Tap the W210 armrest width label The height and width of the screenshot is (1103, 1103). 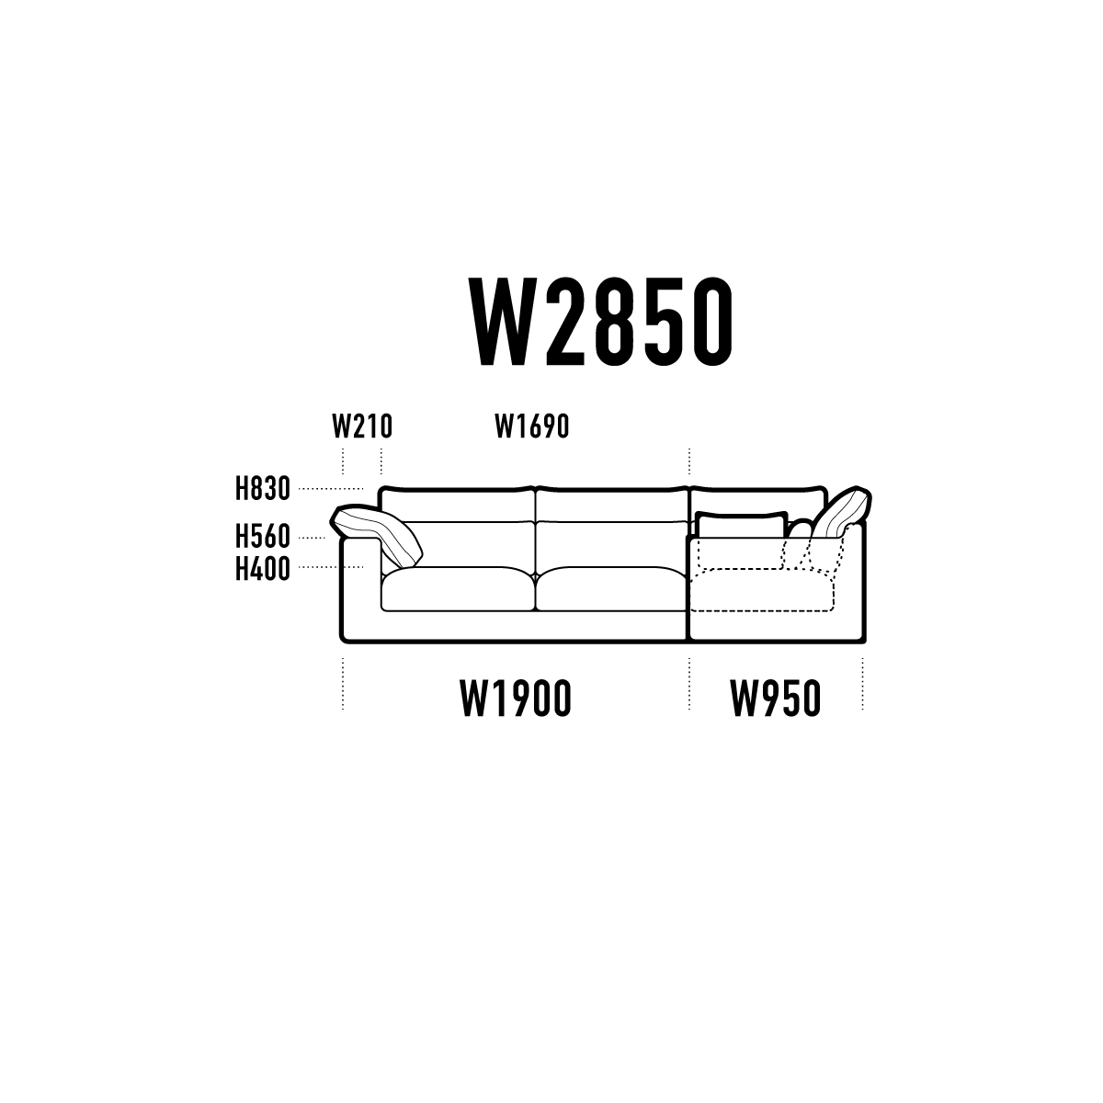tap(362, 426)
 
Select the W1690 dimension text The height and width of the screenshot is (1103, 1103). tap(532, 426)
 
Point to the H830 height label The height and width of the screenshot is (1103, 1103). tap(263, 489)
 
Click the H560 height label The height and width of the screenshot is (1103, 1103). tap(263, 537)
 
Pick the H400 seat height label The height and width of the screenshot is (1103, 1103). tap(263, 569)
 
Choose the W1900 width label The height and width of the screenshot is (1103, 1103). tap(516, 698)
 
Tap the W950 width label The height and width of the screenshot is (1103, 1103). tap(776, 698)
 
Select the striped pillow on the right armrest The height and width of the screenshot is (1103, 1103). tap(841, 513)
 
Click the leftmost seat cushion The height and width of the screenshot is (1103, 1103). tap(458, 588)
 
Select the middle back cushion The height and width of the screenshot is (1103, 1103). tap(612, 504)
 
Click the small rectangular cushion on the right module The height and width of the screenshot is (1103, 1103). tap(742, 524)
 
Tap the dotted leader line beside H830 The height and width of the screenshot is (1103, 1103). tap(331, 489)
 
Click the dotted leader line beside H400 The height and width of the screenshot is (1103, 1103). tap(331, 567)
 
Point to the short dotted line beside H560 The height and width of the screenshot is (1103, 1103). tap(312, 538)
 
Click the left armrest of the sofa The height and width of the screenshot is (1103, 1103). tap(360, 589)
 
